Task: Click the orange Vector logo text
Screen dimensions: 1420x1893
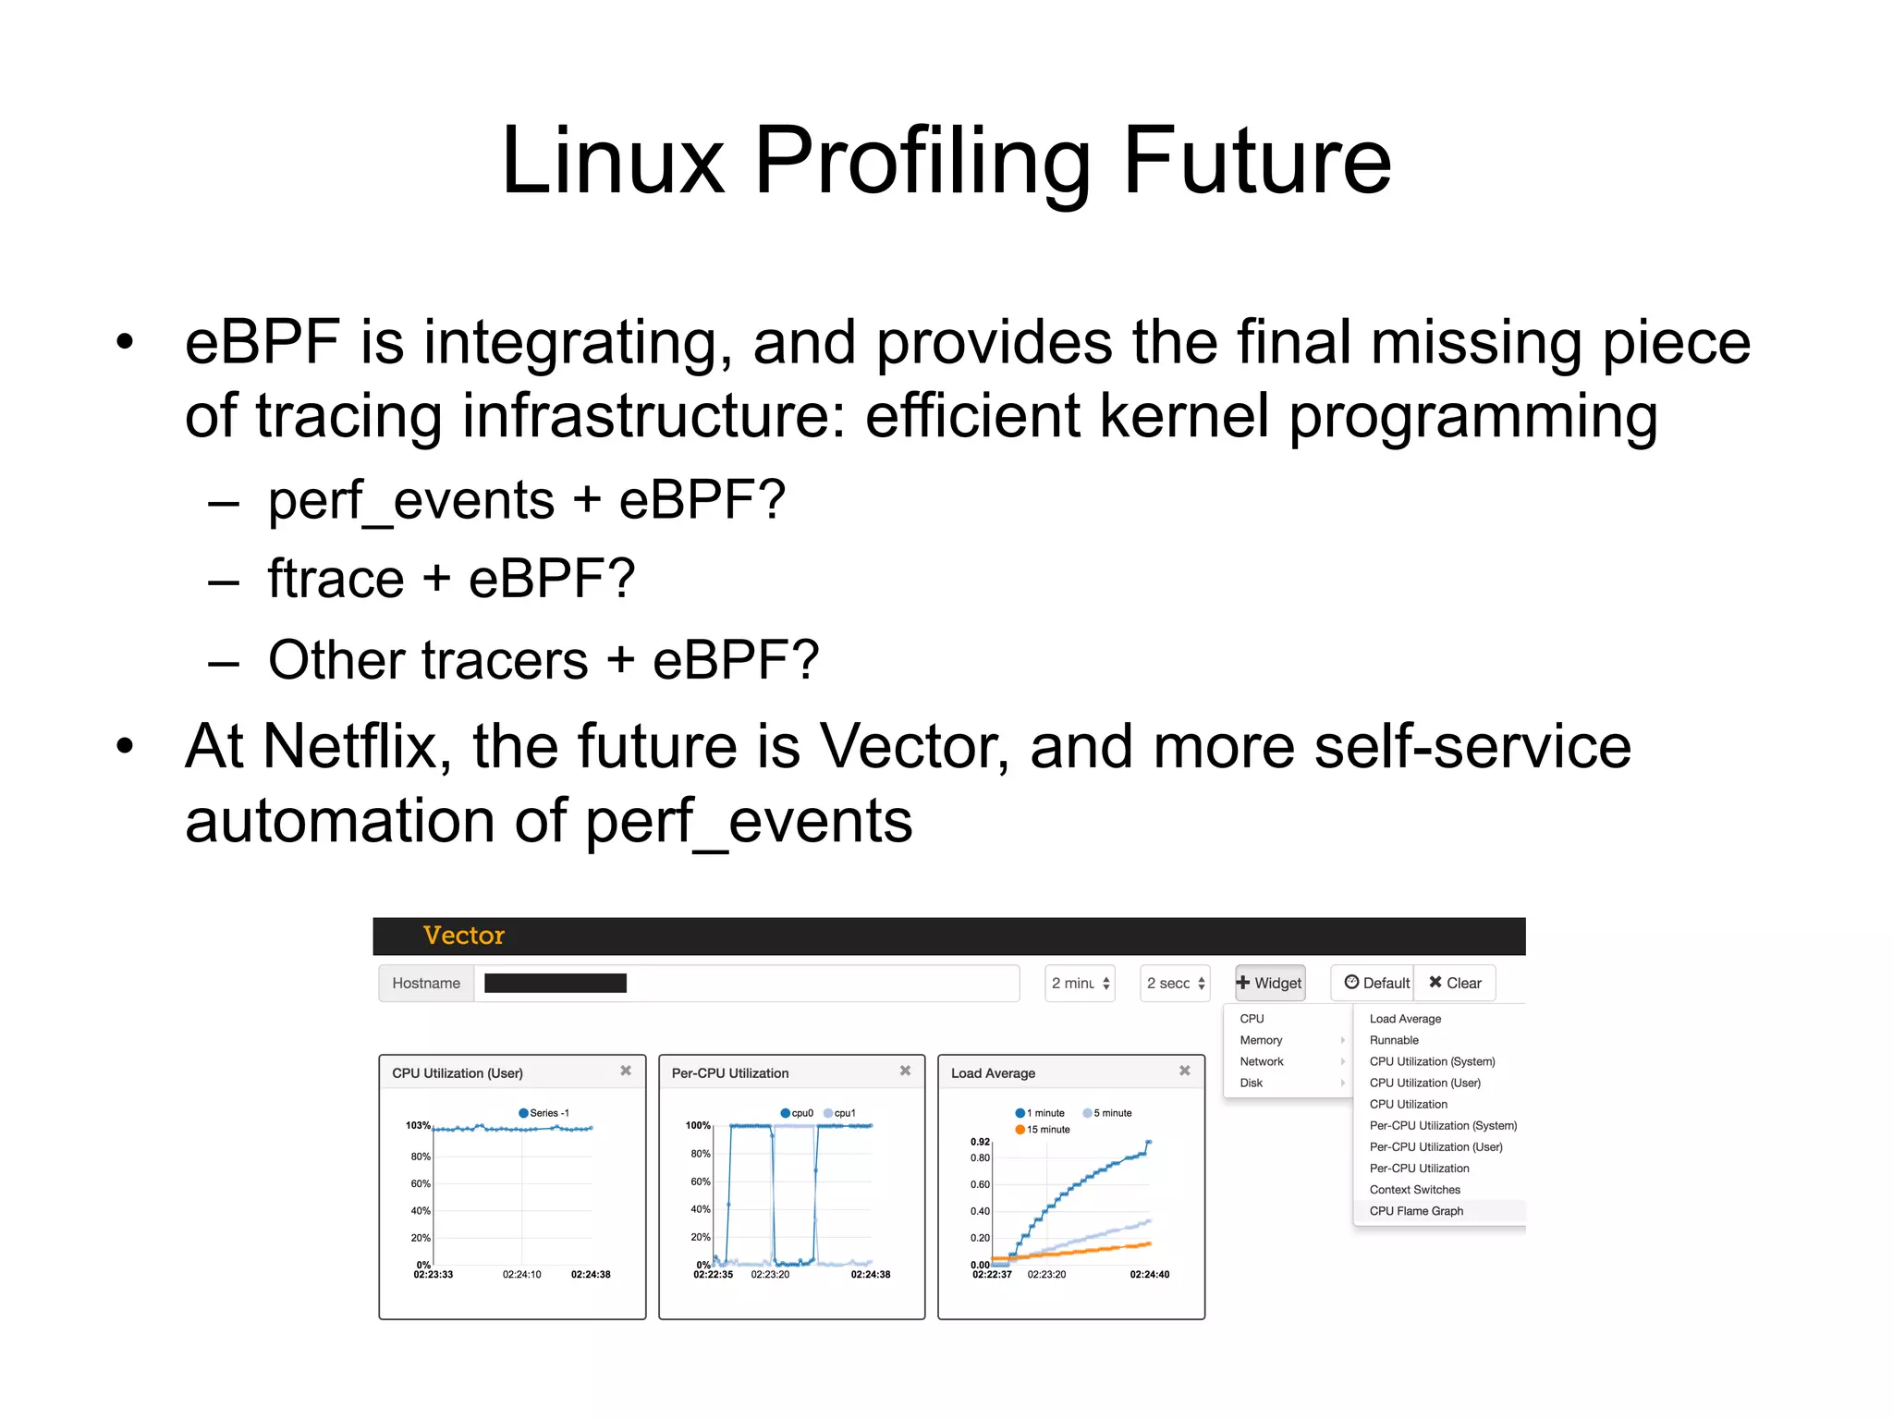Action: pos(463,936)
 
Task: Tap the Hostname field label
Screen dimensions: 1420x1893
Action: pos(426,983)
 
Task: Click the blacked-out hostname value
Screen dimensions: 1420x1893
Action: pos(555,983)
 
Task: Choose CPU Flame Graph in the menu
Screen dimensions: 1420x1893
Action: pos(1416,1211)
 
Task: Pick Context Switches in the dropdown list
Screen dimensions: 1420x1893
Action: pos(1414,1190)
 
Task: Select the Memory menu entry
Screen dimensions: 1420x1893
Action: pos(1261,1040)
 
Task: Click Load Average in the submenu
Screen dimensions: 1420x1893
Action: pos(1405,1019)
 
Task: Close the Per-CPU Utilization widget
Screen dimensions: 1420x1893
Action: pos(905,1071)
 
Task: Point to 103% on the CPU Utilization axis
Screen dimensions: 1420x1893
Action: pos(418,1125)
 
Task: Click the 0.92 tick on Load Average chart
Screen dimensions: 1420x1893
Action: pos(980,1142)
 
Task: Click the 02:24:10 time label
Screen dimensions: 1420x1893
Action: pos(521,1275)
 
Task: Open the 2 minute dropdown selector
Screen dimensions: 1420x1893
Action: pos(1080,984)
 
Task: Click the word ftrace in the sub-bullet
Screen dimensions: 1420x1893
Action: pos(336,580)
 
